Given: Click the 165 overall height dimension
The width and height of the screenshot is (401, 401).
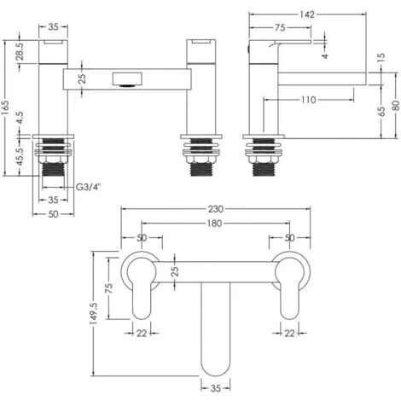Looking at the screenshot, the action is pos(5,108).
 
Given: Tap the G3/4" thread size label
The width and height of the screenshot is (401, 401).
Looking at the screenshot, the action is pos(89,187).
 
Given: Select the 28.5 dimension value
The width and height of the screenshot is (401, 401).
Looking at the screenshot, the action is pos(20,51).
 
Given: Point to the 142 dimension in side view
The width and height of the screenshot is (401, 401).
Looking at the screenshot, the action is pos(307,15).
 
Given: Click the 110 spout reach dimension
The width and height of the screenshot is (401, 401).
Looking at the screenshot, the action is pos(309,100).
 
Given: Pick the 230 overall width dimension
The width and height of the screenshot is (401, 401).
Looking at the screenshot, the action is pos(216,209).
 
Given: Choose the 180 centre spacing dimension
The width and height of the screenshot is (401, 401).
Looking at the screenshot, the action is pos(214,224).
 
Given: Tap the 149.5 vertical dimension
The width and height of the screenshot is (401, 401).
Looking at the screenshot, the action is pos(94,313).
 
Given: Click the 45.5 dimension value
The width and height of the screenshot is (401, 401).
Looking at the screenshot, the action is pos(20,157).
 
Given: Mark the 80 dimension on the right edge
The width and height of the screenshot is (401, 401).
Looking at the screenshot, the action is pos(396,106).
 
